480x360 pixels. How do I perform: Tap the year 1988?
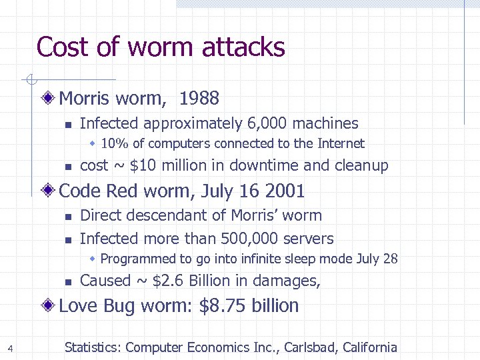click(x=199, y=99)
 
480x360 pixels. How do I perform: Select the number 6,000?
click(x=267, y=123)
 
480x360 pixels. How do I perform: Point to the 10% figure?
click(x=113, y=143)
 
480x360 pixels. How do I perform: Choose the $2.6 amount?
click(x=169, y=281)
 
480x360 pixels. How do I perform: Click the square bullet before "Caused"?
click(x=67, y=282)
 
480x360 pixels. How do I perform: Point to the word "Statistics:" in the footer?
click(x=93, y=347)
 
